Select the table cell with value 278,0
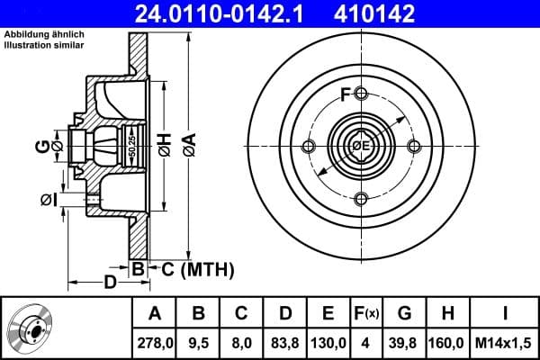(154, 343)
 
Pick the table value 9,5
(199, 343)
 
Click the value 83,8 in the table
(285, 343)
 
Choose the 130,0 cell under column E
(328, 343)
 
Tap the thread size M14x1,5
(506, 343)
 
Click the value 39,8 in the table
(404, 343)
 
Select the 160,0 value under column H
(447, 343)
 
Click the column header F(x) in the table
(366, 314)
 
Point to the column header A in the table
(154, 314)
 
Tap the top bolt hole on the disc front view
(361, 94)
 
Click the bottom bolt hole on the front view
(361, 199)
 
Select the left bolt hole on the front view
(309, 147)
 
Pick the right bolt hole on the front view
(414, 147)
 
